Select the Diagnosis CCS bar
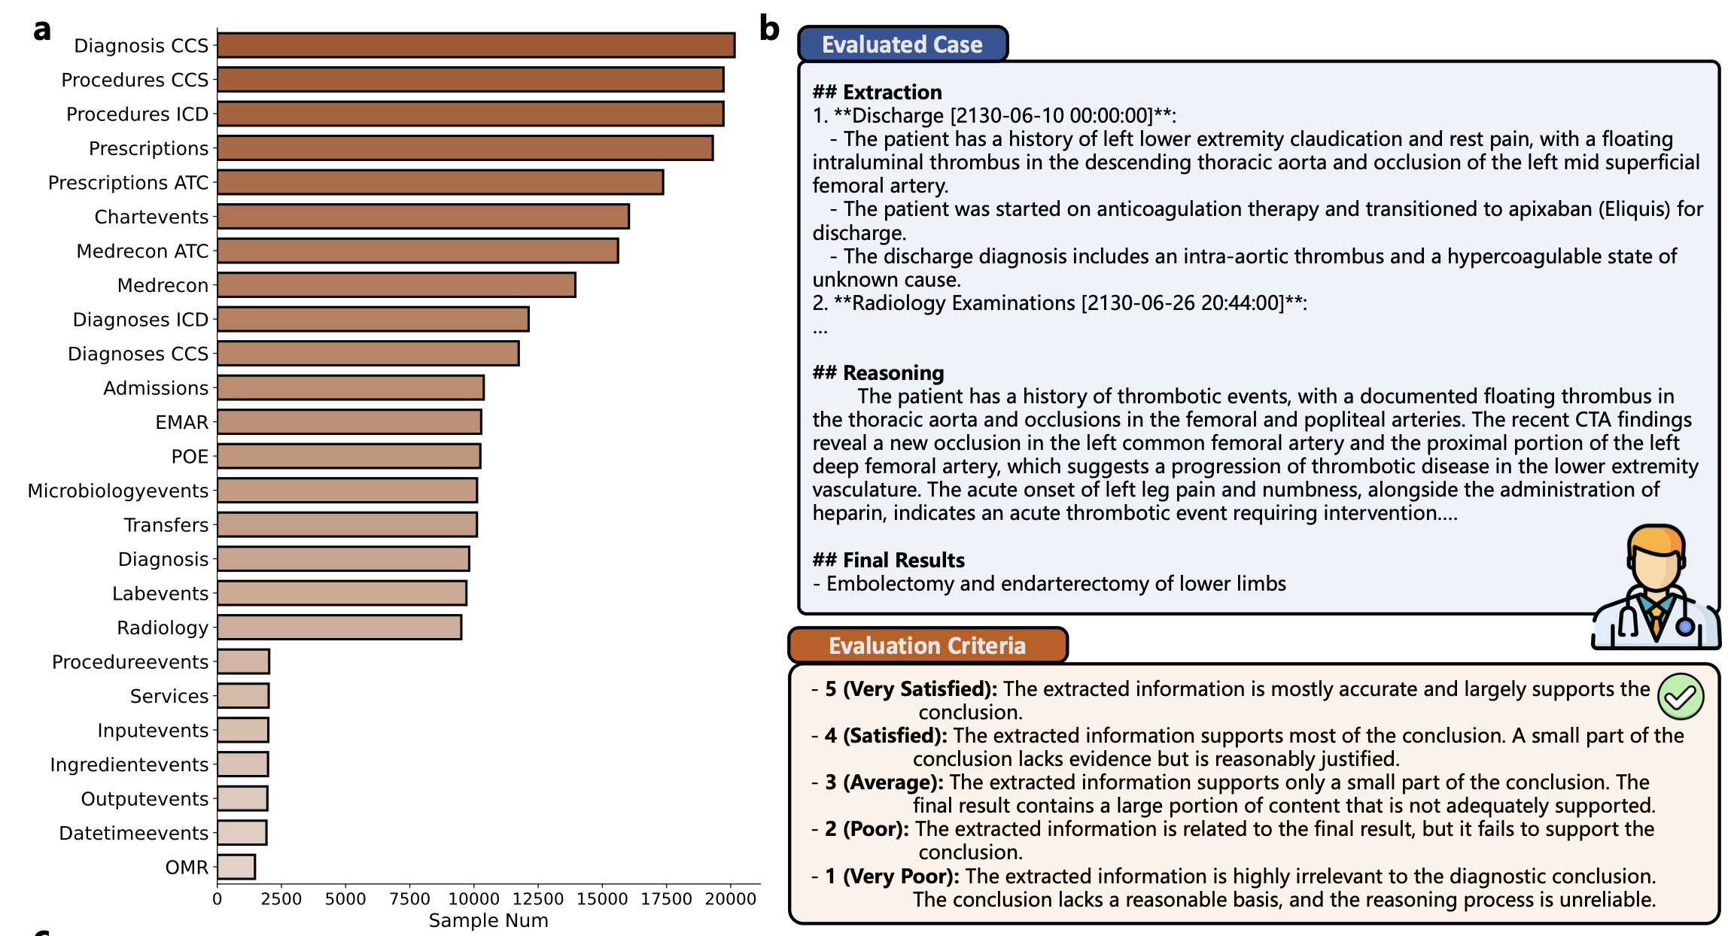pyautogui.click(x=476, y=45)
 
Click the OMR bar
pyautogui.click(x=236, y=867)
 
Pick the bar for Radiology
pyautogui.click(x=339, y=628)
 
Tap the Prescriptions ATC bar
pyautogui.click(x=440, y=182)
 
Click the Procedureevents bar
pyautogui.click(x=243, y=662)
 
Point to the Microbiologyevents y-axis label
pyautogui.click(x=118, y=491)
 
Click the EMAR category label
pyautogui.click(x=181, y=422)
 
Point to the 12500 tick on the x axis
pyautogui.click(x=537, y=899)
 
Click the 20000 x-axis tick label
pyautogui.click(x=730, y=899)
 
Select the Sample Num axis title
pyautogui.click(x=488, y=920)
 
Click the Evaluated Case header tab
pyautogui.click(x=902, y=44)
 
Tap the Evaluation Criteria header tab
pyautogui.click(x=926, y=646)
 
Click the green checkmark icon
pyautogui.click(x=1680, y=697)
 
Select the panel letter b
pyautogui.click(x=769, y=29)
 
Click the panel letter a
pyautogui.click(x=42, y=30)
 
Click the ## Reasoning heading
pyautogui.click(x=878, y=373)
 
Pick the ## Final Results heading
pyautogui.click(x=888, y=561)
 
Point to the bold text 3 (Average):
pyautogui.click(x=884, y=783)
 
